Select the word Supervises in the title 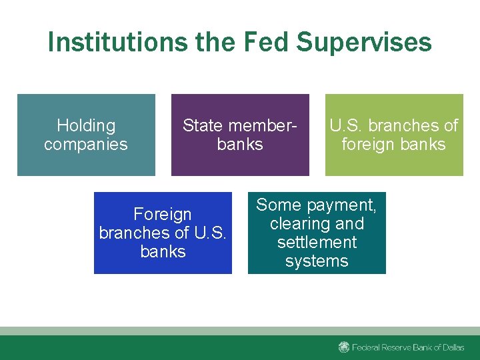click(364, 42)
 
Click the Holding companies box click(86, 135)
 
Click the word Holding click(86, 125)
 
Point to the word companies click(86, 144)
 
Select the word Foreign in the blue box click(163, 214)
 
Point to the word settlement click(317, 242)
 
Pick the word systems click(317, 261)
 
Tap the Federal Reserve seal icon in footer click(344, 347)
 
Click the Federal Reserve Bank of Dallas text click(408, 347)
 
